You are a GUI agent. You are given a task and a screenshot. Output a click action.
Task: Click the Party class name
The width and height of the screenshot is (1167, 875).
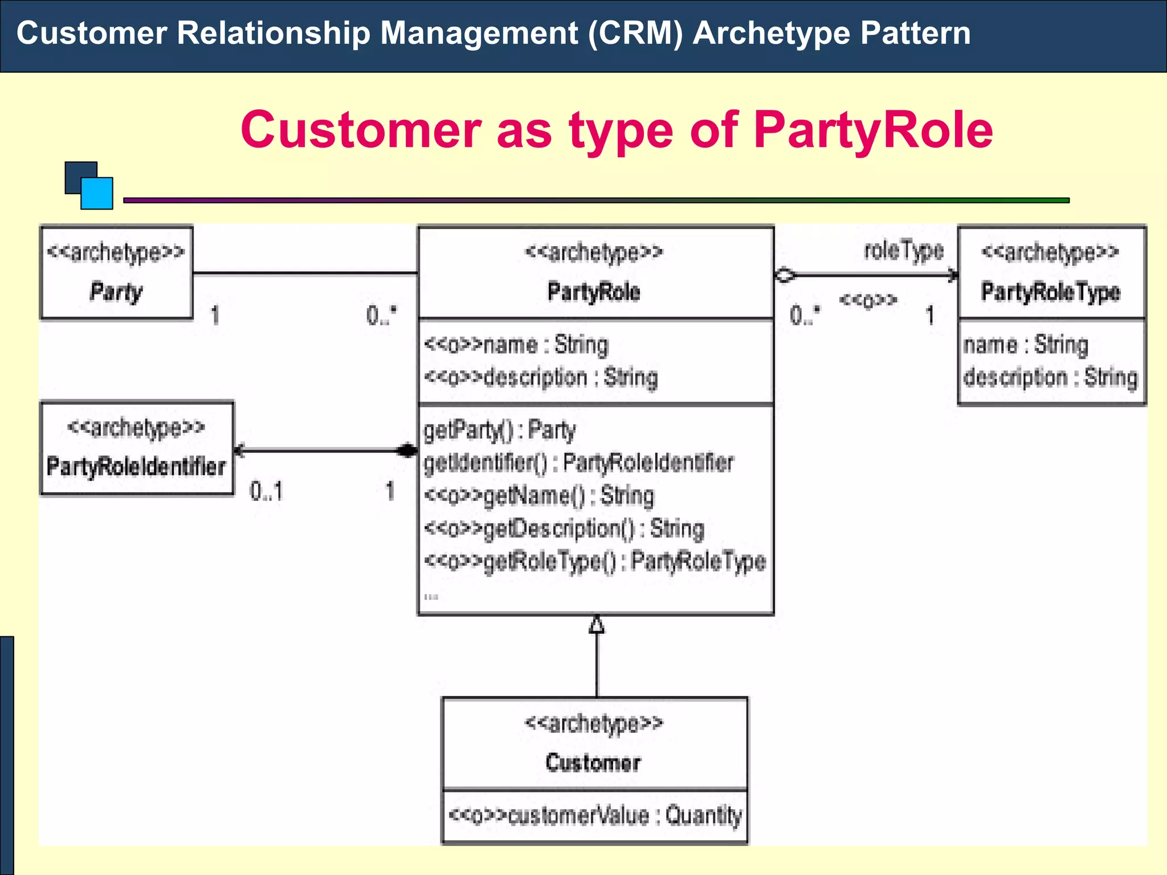pyautogui.click(x=116, y=292)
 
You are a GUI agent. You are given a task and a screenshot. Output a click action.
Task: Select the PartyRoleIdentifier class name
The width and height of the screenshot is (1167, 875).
pyautogui.click(x=136, y=467)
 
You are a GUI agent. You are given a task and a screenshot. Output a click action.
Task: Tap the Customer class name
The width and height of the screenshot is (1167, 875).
pyautogui.click(x=593, y=762)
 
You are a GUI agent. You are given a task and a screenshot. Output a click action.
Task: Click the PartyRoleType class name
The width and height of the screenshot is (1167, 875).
pyautogui.click(x=1051, y=292)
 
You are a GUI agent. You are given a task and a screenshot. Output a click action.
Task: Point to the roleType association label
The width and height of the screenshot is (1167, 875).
pyautogui.click(x=904, y=250)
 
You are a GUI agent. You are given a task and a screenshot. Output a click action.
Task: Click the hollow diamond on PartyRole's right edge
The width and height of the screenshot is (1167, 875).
pyautogui.click(x=785, y=275)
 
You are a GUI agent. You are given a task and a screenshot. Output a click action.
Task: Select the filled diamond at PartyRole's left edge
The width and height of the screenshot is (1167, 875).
pyautogui.click(x=407, y=451)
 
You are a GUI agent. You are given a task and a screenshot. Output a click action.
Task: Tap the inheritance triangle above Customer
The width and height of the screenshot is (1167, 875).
pyautogui.click(x=597, y=625)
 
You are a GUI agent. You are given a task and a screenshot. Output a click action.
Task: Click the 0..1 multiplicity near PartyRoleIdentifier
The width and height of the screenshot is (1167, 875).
pyautogui.click(x=266, y=491)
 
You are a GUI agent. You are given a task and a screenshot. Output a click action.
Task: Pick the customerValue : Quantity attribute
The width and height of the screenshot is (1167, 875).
pyautogui.click(x=595, y=815)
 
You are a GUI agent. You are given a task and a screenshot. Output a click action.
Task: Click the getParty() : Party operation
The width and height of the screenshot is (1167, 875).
pyautogui.click(x=500, y=430)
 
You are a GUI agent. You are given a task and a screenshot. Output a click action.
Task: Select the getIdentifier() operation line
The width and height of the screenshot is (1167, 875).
pyautogui.click(x=578, y=463)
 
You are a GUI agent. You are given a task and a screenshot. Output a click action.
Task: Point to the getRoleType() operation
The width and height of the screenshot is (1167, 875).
pyautogui.click(x=595, y=562)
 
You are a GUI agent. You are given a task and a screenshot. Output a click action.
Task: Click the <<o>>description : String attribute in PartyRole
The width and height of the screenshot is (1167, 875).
pyautogui.click(x=541, y=378)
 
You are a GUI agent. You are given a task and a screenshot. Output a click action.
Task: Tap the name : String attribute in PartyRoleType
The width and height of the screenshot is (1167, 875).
pyautogui.click(x=1026, y=345)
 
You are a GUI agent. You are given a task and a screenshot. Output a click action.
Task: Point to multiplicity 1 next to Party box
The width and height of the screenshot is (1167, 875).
pyautogui.click(x=215, y=315)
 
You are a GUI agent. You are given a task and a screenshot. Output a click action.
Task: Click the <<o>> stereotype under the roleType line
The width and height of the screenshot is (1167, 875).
pyautogui.click(x=868, y=300)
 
